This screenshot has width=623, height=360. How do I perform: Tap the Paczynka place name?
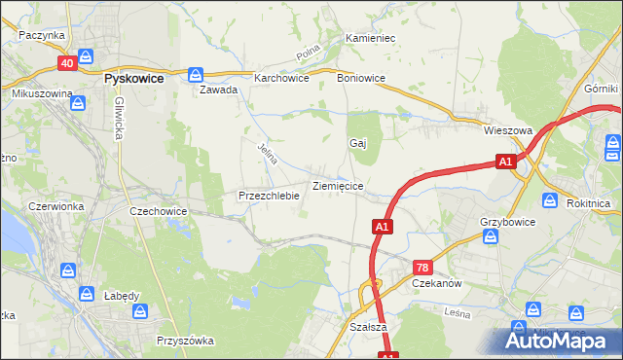tap(41, 34)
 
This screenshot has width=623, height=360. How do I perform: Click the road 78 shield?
tap(422, 267)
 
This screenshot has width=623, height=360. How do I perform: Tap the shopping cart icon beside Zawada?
tap(196, 73)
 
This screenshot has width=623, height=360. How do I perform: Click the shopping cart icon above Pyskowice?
tap(86, 57)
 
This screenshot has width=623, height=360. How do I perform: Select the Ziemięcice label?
tap(338, 185)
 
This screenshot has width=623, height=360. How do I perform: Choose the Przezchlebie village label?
tap(268, 195)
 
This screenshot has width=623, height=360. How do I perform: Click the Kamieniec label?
tap(369, 38)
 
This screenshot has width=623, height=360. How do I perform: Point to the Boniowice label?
tap(361, 78)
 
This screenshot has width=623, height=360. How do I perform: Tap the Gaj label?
tap(357, 142)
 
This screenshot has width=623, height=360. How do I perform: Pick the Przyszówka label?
tap(185, 341)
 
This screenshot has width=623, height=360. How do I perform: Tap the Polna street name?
tap(311, 53)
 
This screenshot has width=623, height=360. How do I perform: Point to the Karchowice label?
tap(280, 78)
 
